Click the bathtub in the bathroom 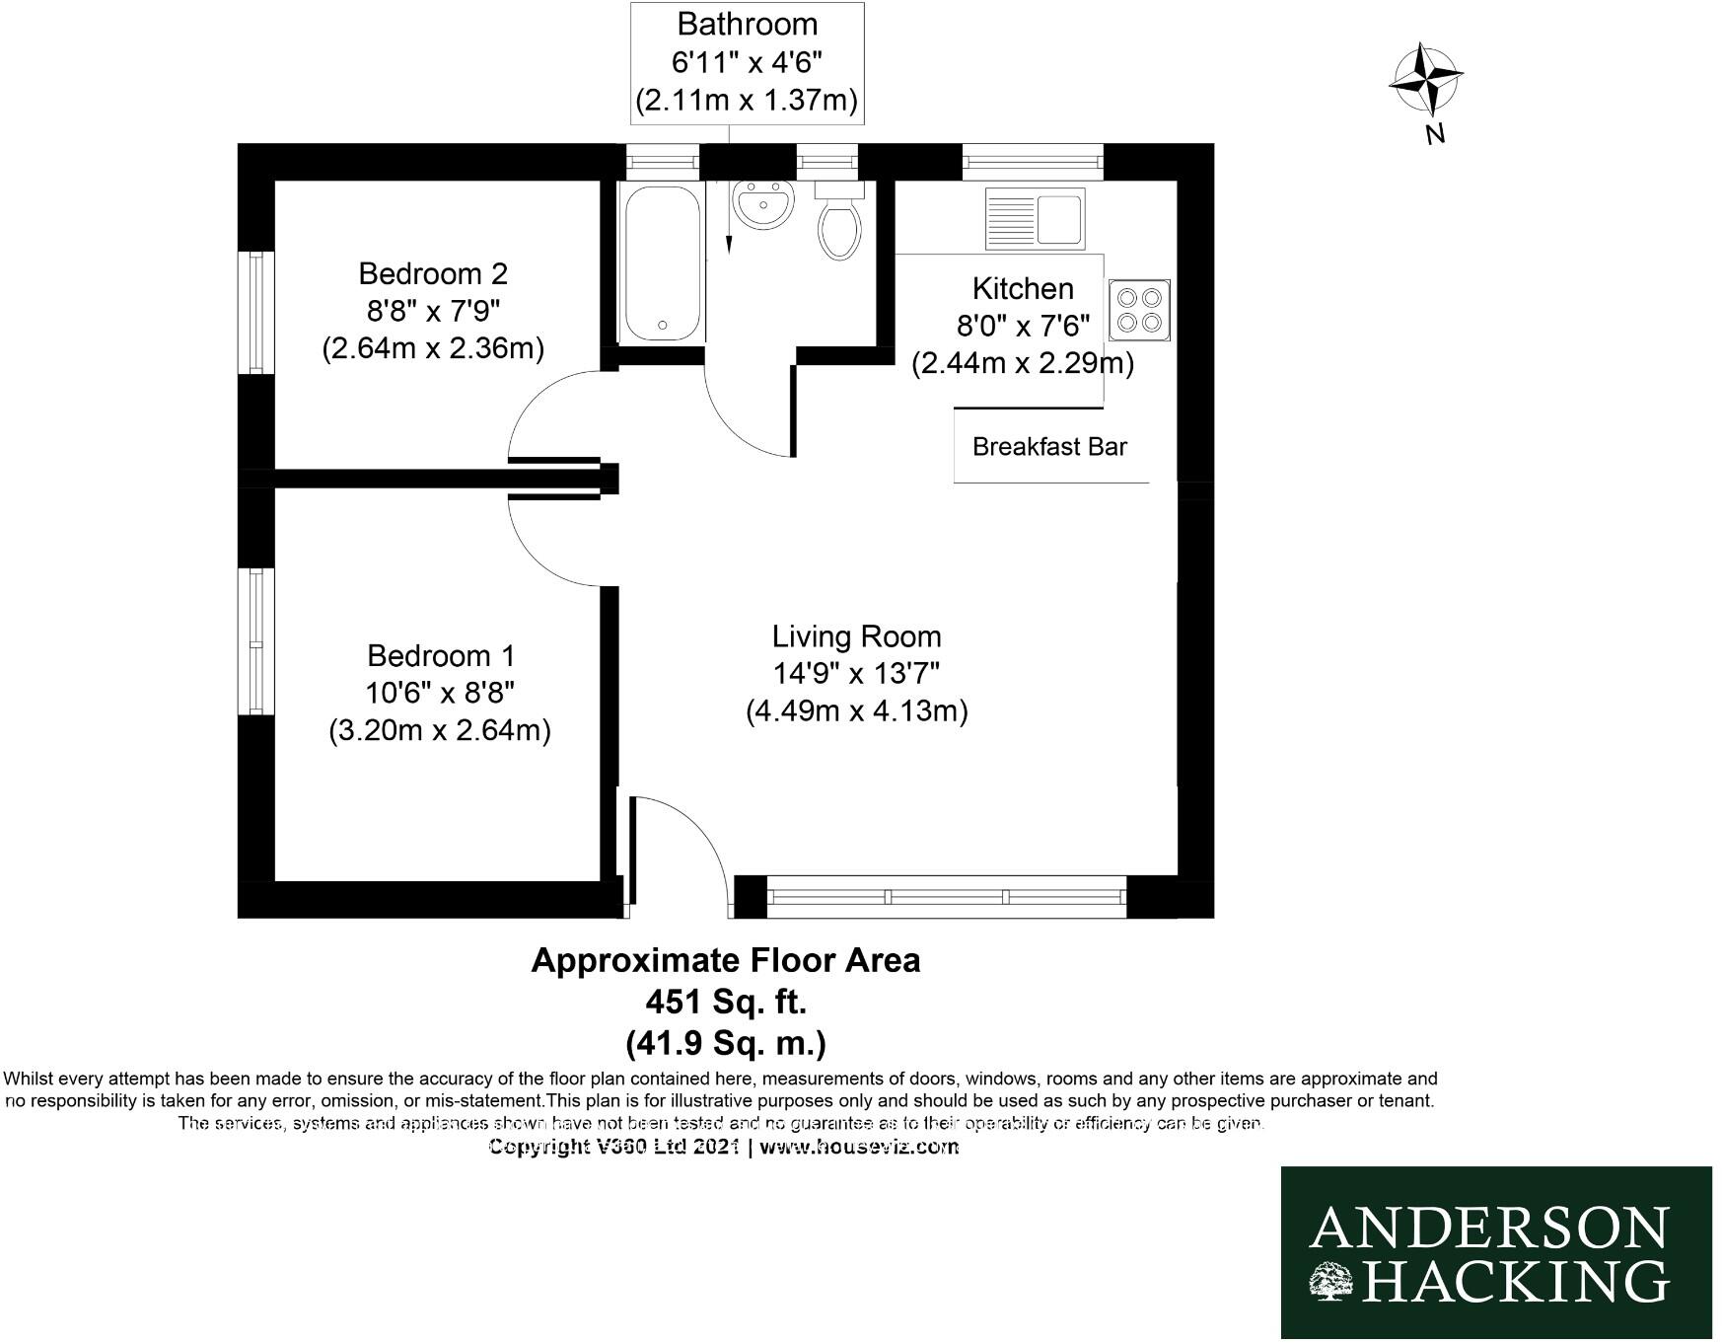click(662, 262)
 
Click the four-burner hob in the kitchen click(1139, 310)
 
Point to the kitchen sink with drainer click(1035, 218)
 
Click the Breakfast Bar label click(1049, 447)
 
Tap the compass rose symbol click(1425, 79)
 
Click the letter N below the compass click(1435, 134)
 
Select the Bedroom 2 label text click(433, 273)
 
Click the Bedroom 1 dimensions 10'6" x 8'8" click(440, 693)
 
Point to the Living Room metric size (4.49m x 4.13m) click(856, 710)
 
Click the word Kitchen click(1023, 288)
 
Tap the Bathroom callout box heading click(747, 24)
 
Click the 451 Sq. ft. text click(726, 1002)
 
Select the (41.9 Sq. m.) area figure click(726, 1042)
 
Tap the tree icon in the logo click(1332, 1281)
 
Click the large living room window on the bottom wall click(946, 897)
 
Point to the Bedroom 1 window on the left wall click(256, 641)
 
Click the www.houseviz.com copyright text click(859, 1147)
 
